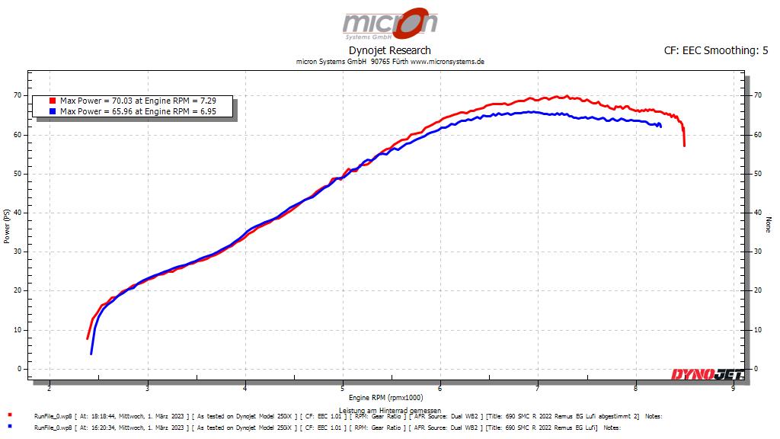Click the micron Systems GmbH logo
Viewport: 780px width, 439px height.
[x=389, y=24]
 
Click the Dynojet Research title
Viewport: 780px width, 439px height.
[x=389, y=50]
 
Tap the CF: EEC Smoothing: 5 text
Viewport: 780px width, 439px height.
[x=716, y=51]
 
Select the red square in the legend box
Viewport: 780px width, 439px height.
[x=52, y=101]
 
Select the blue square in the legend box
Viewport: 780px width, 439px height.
[x=52, y=111]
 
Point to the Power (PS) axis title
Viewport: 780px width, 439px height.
[x=7, y=226]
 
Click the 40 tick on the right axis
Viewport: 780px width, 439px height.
[x=757, y=213]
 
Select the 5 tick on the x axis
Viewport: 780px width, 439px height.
[x=343, y=388]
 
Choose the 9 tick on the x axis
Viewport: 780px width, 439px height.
[x=733, y=388]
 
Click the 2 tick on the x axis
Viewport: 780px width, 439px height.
[x=50, y=388]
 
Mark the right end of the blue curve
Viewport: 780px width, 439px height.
[x=660, y=126]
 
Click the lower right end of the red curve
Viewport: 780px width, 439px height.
[x=685, y=145]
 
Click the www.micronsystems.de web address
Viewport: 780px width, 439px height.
[x=447, y=62]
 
